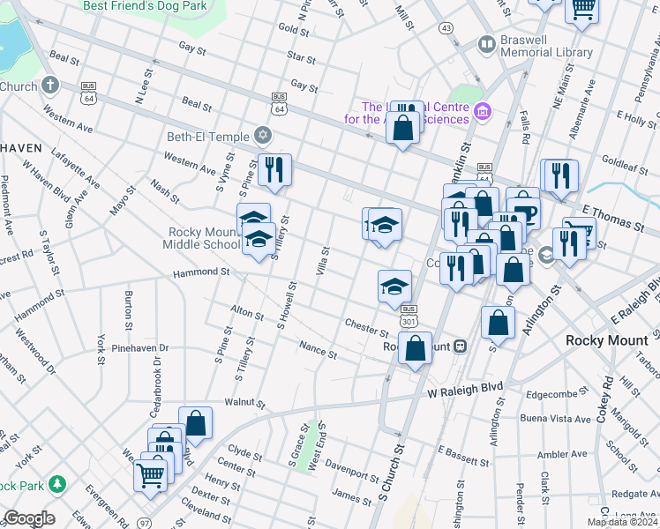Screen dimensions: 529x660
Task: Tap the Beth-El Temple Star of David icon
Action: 261,136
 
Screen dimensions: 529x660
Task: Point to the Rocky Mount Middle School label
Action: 204,238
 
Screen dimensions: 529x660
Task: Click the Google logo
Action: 29,518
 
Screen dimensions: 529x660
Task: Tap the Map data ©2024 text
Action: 622,522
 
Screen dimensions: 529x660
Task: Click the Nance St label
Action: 318,350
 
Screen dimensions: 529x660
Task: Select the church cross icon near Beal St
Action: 50,86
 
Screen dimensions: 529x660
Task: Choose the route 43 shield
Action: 446,28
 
